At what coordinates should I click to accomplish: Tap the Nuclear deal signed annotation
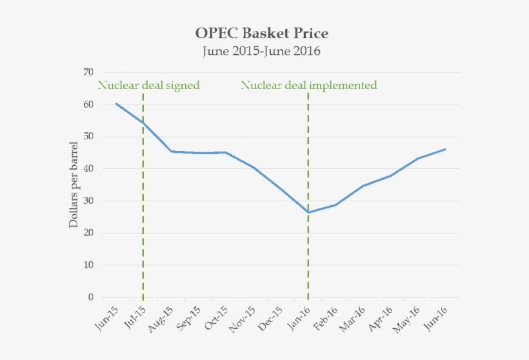coord(148,85)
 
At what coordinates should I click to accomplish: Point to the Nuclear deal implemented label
coord(309,85)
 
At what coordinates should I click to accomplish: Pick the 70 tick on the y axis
coord(88,72)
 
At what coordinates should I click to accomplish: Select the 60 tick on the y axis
coord(88,105)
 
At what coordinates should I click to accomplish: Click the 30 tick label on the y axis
coord(88,201)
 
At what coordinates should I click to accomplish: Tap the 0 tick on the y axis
coord(91,297)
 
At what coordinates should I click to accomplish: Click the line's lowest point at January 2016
coord(308,212)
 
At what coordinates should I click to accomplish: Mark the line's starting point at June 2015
coord(116,103)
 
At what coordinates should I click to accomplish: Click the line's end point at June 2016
coord(445,149)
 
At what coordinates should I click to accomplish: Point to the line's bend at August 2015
coord(171,151)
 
